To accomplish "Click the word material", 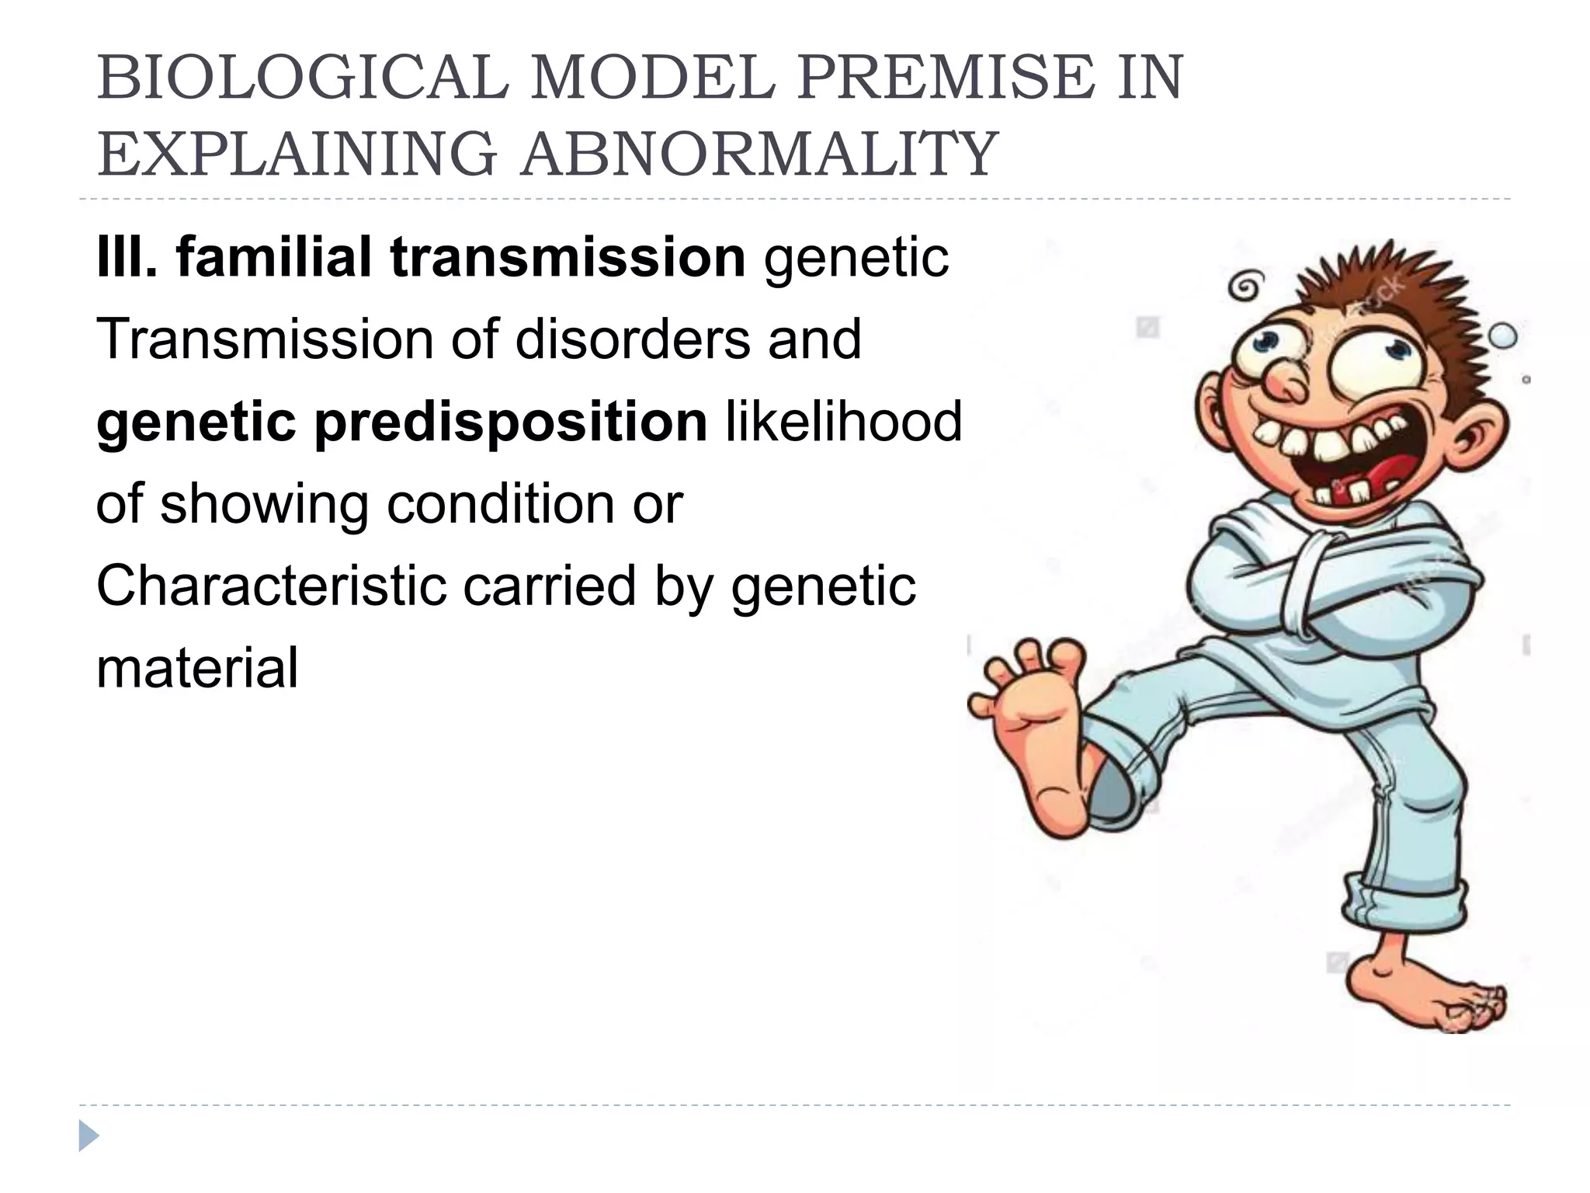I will click(197, 668).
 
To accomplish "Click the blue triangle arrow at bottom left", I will click(88, 1136).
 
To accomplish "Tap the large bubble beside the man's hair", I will click(1501, 336).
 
